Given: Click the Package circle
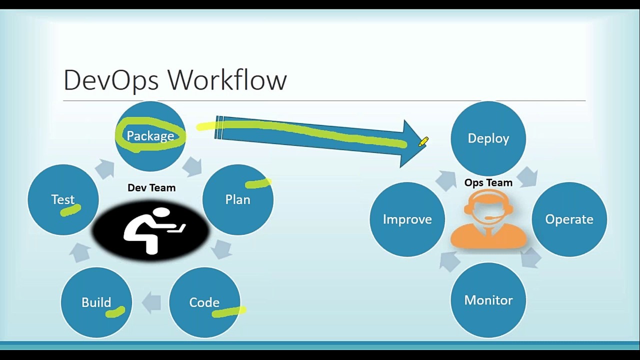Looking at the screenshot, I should tap(150, 136).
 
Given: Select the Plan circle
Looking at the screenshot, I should tap(238, 199).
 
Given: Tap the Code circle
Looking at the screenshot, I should tap(204, 302).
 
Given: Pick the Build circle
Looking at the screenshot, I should tap(96, 302).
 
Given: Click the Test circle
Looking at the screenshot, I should tap(63, 199).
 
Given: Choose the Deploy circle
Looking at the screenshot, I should tap(488, 138).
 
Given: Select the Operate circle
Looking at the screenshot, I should tap(569, 219).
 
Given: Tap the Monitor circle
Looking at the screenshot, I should tap(488, 300).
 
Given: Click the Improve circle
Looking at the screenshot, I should tap(407, 219).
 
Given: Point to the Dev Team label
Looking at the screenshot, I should tap(151, 188).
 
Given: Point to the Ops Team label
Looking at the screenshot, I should tap(488, 183).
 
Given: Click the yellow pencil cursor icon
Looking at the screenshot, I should tap(423, 142).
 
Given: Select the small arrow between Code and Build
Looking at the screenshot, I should tap(151, 302).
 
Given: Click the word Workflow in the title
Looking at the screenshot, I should tap(227, 80).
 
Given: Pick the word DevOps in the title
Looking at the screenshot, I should tap(111, 80).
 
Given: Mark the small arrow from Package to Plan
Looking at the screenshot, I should tap(192, 166).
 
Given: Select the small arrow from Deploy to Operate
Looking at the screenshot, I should tap(527, 177).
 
